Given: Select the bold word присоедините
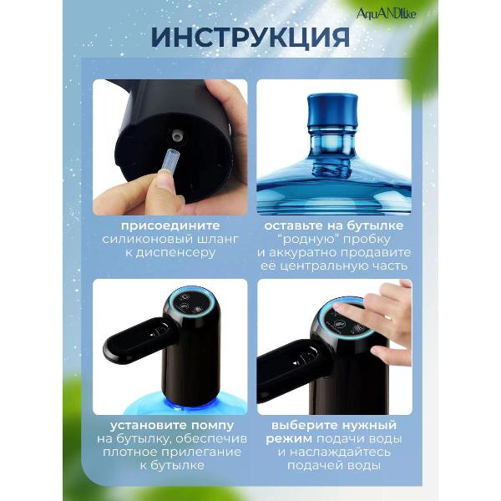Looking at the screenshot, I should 170,225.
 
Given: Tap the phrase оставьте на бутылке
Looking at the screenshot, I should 333,225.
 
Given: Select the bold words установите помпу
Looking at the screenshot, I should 170,424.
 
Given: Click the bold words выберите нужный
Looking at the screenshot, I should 333,424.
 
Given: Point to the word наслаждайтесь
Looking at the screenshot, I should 342,452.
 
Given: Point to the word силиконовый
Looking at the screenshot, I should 149,240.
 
